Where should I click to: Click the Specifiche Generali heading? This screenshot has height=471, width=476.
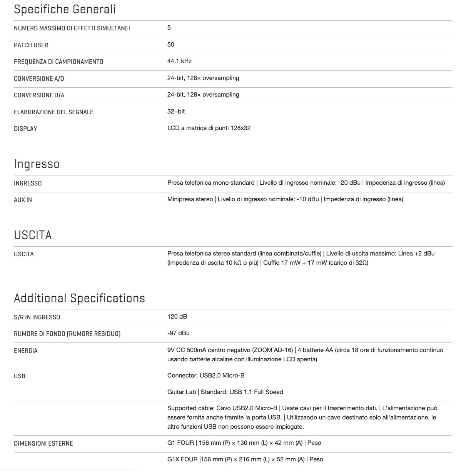pyautogui.click(x=65, y=9)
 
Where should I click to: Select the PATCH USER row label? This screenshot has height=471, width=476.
pyautogui.click(x=31, y=45)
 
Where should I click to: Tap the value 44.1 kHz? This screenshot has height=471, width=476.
pyautogui.click(x=179, y=61)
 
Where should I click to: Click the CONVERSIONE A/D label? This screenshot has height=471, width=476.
pyautogui.click(x=39, y=78)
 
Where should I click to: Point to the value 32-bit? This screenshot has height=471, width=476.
pyautogui.click(x=176, y=112)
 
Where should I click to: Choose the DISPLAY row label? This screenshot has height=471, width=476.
pyautogui.click(x=25, y=129)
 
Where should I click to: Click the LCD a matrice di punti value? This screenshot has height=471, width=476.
pyautogui.click(x=209, y=128)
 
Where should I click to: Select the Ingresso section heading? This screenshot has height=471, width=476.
pyautogui.click(x=37, y=164)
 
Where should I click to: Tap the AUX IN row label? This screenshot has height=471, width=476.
pyautogui.click(x=23, y=200)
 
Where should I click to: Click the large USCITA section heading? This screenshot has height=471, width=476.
pyautogui.click(x=33, y=235)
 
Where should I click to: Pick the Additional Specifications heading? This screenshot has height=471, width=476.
pyautogui.click(x=79, y=298)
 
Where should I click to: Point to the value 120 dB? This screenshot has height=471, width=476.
pyautogui.click(x=177, y=317)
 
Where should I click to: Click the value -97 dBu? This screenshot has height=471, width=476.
pyautogui.click(x=178, y=333)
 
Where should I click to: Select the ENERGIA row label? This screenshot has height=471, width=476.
pyautogui.click(x=26, y=351)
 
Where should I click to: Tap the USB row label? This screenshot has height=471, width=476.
pyautogui.click(x=20, y=376)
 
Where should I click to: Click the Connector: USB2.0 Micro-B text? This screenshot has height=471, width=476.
pyautogui.click(x=206, y=376)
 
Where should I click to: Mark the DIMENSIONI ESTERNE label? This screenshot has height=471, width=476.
pyautogui.click(x=43, y=443)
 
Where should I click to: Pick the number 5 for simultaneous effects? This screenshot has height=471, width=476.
pyautogui.click(x=169, y=28)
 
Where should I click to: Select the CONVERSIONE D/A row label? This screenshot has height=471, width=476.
pyautogui.click(x=39, y=95)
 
